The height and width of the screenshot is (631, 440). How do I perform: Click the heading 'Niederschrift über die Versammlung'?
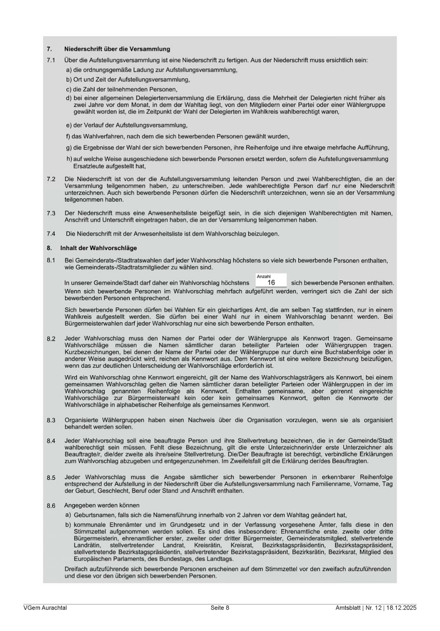117,49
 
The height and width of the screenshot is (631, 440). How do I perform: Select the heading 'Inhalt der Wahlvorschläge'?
98,248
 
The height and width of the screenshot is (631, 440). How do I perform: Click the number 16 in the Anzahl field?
271,283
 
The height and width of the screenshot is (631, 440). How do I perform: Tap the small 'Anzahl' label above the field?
264,276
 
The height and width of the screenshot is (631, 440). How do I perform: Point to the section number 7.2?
51,179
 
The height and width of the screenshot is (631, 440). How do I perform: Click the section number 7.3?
51,213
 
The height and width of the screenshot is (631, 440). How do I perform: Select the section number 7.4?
51,234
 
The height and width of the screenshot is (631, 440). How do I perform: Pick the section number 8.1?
51,261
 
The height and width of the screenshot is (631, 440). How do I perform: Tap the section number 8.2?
51,339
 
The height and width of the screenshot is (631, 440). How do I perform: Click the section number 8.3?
51,420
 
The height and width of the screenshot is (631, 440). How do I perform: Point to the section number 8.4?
51,441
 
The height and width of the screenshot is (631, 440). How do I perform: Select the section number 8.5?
51,477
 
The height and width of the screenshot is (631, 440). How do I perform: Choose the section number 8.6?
51,506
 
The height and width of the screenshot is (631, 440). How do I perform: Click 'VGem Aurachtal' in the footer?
45,607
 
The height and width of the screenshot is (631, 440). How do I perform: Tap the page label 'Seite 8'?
220,607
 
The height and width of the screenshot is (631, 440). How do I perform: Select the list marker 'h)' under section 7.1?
69,159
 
